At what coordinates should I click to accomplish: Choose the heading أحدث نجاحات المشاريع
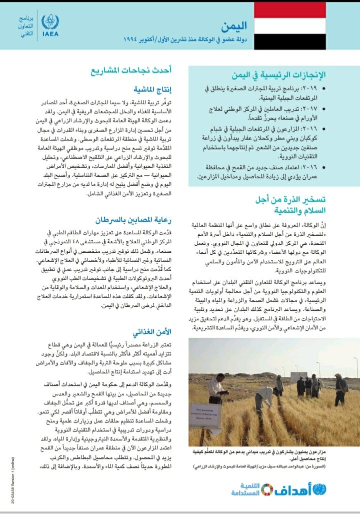pyautogui.click(x=131, y=71)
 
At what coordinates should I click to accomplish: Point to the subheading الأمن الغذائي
pyautogui.click(x=153, y=332)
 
